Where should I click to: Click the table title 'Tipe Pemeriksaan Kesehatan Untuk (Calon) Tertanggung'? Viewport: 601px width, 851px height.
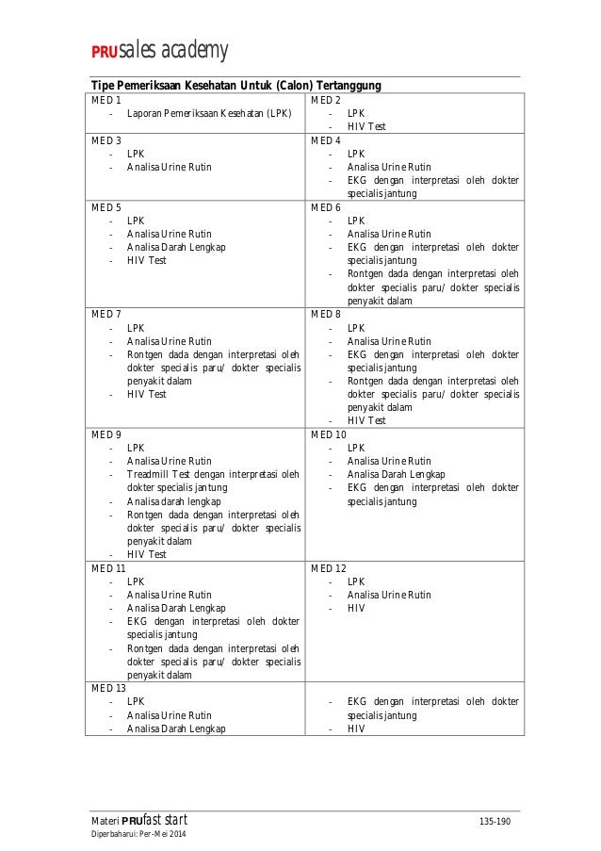tap(235, 86)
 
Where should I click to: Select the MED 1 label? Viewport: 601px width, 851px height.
tap(106, 100)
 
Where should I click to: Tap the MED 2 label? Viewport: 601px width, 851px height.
tap(326, 100)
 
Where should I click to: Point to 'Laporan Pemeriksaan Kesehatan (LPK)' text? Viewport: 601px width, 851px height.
tap(209, 113)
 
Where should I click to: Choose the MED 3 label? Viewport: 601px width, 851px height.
tap(106, 139)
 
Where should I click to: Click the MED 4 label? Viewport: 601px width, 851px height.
tap(326, 139)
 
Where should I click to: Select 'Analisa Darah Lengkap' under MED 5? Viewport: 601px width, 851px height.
tap(176, 247)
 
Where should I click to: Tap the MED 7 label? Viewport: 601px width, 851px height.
tap(106, 314)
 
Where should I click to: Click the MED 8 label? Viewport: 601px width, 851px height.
tap(326, 314)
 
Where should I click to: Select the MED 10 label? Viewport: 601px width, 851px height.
tap(329, 434)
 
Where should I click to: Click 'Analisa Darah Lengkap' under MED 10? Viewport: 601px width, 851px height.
tap(397, 474)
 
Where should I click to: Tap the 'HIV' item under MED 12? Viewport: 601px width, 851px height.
tap(356, 608)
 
